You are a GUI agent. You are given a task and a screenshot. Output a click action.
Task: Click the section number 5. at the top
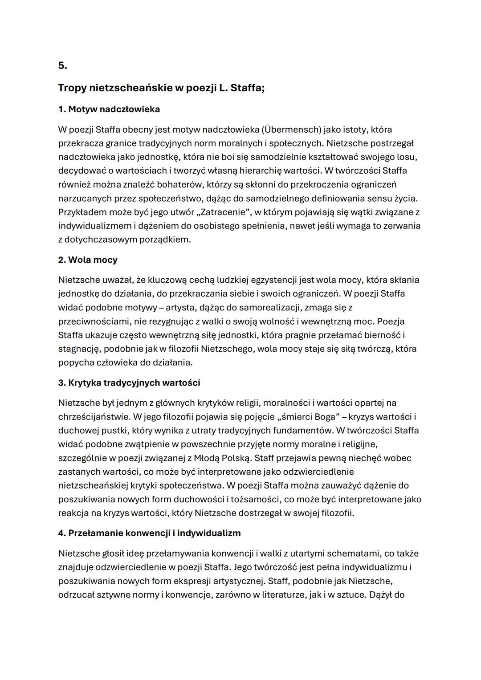[x=62, y=65]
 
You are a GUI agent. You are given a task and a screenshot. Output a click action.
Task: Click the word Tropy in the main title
[x=72, y=88]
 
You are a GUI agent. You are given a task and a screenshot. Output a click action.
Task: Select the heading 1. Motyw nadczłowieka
[x=109, y=109]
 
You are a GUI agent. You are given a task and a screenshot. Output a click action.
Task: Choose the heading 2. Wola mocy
[x=88, y=260]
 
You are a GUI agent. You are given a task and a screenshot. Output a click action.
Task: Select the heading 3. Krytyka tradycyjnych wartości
[x=129, y=383]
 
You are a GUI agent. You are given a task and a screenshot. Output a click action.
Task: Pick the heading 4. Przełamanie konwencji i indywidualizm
[x=149, y=533]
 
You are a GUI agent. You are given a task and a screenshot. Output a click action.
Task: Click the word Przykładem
[x=82, y=212]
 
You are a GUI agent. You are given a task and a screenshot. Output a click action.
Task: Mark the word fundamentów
[x=303, y=431]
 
